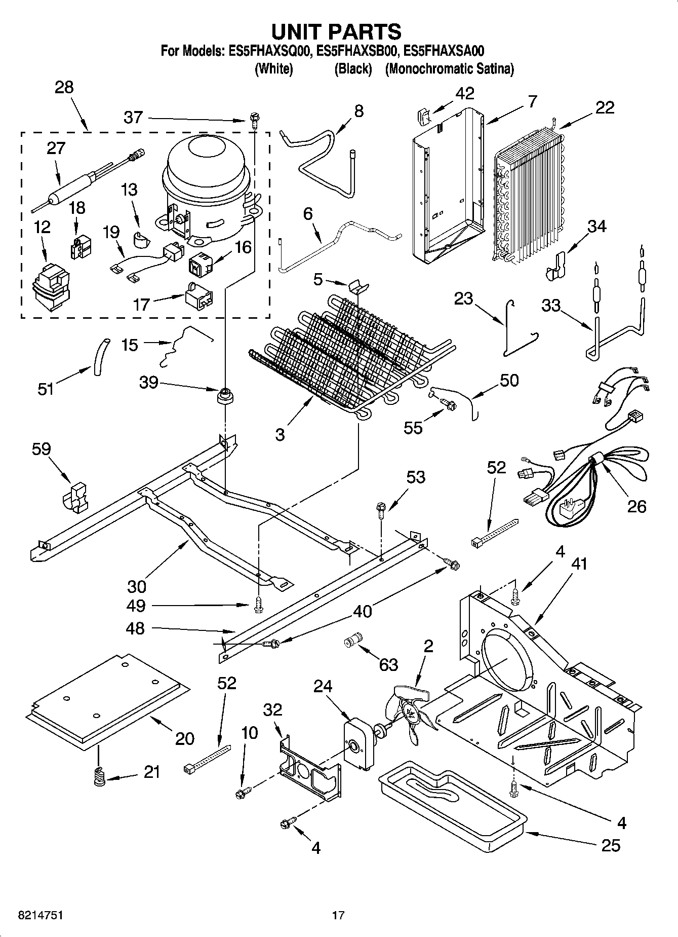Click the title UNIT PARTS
[x=337, y=31]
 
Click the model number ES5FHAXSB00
[x=360, y=51]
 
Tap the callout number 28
[x=64, y=87]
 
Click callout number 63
[x=388, y=664]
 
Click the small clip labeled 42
[x=423, y=117]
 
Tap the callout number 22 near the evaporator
[x=605, y=107]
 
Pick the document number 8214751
[x=34, y=915]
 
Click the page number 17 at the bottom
[x=338, y=915]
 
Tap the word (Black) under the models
[x=353, y=69]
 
